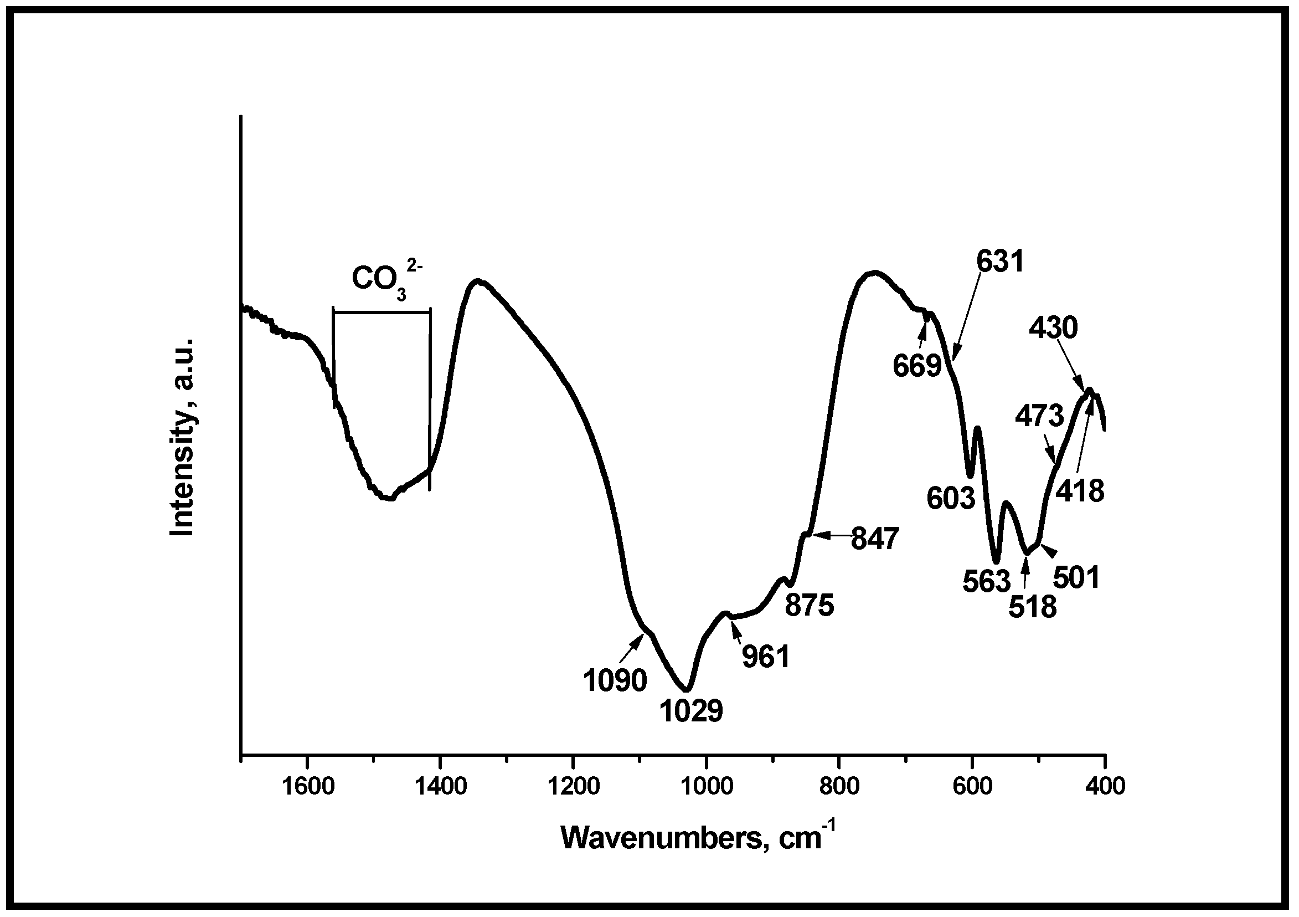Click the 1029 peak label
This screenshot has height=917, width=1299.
[692, 711]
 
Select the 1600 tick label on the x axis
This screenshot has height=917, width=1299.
[307, 787]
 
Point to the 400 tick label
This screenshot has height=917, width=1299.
[1105, 787]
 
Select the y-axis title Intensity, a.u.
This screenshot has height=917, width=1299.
[183, 437]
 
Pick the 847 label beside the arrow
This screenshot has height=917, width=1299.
[875, 539]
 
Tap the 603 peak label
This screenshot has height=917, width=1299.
[951, 498]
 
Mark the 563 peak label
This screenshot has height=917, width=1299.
[986, 581]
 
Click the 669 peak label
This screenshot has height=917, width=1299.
[917, 366]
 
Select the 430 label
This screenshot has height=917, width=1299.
[1054, 328]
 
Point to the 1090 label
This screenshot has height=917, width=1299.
[616, 681]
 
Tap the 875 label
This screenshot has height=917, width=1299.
[810, 606]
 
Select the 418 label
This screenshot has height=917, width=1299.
[1081, 491]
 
